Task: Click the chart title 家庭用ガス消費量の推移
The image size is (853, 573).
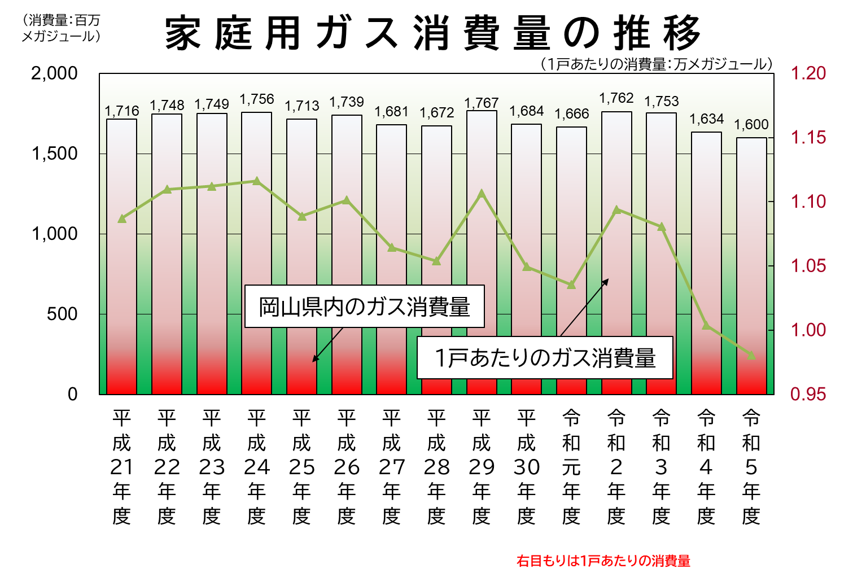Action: [432, 33]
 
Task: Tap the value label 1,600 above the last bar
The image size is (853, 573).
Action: [751, 124]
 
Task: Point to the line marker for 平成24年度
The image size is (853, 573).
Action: [256, 181]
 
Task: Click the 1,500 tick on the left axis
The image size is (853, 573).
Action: [55, 154]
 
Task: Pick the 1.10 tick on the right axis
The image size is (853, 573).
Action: [808, 202]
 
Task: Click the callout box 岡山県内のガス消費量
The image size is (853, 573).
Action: [364, 307]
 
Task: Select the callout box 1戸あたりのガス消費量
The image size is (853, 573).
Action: [545, 358]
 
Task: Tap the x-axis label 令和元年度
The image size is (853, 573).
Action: [571, 466]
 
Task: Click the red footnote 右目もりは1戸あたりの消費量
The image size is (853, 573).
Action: [603, 561]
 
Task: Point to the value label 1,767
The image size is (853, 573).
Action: [481, 103]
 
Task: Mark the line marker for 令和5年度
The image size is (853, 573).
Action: [751, 355]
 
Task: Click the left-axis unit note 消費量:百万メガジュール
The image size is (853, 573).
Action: [61, 28]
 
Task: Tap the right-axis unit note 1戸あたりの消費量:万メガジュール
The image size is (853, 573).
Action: [657, 64]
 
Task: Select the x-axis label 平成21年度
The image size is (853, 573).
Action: [121, 466]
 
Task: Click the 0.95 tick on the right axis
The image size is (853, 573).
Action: [808, 394]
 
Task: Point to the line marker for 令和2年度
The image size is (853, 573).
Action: [616, 210]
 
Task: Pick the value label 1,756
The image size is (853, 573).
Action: [256, 99]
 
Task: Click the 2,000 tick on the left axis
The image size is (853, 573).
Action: [55, 73]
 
